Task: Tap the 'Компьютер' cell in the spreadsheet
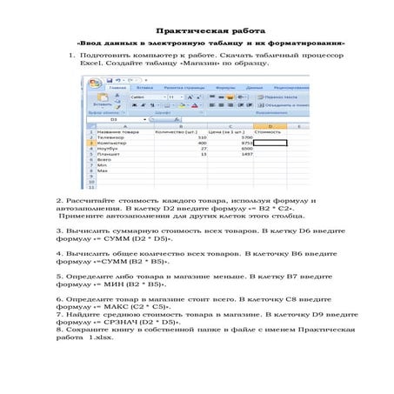coord(112,144)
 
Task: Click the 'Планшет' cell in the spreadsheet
coord(110,154)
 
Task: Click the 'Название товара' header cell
coord(119,131)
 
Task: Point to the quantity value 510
coord(203,137)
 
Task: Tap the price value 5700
coord(247,137)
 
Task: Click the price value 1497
coord(247,154)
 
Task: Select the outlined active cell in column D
coord(269,144)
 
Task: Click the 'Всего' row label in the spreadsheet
coord(105,160)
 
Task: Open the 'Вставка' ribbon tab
coord(145,88)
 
